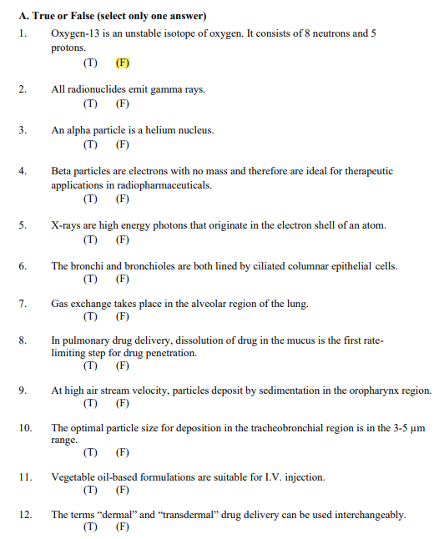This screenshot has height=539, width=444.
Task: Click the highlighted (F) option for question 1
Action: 123,63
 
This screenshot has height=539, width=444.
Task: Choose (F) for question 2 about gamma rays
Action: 123,104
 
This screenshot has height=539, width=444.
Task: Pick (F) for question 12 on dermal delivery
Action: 123,527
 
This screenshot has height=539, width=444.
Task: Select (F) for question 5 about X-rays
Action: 123,239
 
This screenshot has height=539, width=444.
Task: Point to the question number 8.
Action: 23,340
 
